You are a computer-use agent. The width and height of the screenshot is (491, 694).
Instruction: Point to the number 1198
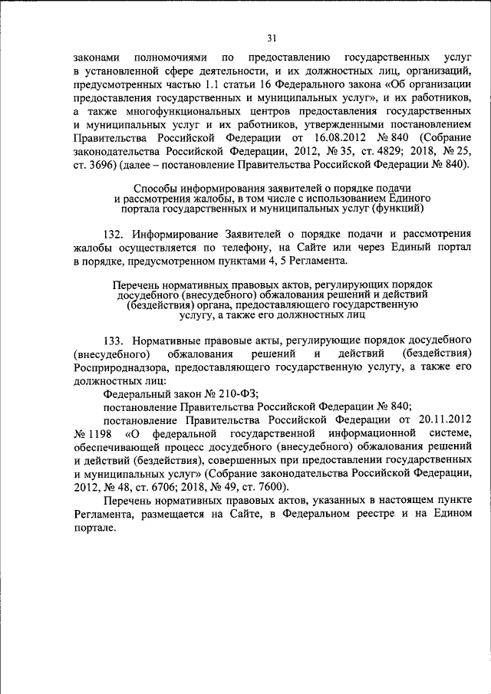[94, 434]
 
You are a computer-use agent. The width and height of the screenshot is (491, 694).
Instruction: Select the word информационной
[351, 434]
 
